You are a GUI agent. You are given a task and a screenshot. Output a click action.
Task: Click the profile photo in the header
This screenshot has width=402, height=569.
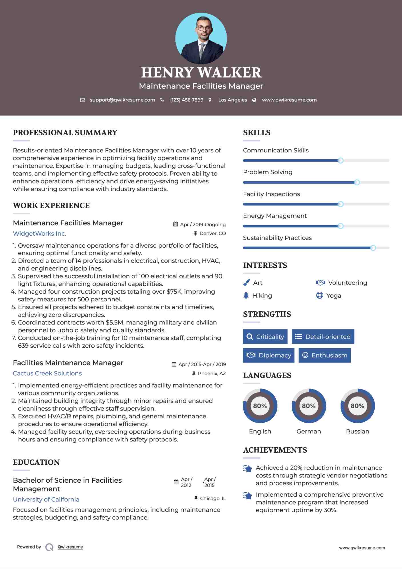point(201,38)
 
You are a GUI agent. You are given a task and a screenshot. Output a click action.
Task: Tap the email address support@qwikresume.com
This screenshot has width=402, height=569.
point(122,100)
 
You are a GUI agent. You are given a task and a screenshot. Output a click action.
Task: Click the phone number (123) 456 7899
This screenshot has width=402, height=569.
point(187,100)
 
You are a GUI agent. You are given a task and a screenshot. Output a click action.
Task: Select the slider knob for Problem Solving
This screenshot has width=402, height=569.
point(357,182)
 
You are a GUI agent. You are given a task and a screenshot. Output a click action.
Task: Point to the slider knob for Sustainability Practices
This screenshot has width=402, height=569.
point(373,248)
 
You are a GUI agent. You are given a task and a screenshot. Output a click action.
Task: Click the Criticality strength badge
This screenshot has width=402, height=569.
point(265,337)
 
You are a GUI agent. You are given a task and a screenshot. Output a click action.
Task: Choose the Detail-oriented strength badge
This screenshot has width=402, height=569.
point(323,337)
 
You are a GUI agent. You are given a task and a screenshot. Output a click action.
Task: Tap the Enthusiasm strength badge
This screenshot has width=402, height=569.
point(325,355)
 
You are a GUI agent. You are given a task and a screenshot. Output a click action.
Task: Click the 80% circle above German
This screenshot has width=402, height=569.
point(309,406)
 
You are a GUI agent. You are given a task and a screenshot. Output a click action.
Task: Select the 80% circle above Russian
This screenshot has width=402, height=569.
point(357,406)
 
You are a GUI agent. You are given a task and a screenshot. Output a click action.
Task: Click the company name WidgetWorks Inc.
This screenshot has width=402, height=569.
point(39,234)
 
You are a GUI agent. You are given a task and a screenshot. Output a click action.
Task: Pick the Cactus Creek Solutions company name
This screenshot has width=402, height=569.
point(47,373)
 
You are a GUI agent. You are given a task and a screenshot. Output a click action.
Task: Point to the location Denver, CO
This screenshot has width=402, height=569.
point(213,233)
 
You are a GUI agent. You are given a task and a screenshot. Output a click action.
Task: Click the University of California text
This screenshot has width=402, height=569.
point(46,500)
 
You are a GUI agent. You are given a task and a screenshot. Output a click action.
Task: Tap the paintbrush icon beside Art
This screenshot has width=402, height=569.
point(246,282)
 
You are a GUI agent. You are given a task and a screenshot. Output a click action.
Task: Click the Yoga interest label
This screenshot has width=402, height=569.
point(334,296)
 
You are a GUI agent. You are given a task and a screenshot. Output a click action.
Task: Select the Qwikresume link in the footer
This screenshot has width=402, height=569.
point(70,547)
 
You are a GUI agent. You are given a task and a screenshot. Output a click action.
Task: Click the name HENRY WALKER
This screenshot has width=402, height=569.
point(201,73)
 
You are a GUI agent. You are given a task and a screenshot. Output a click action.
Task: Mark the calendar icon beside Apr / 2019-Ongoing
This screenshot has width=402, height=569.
point(176,224)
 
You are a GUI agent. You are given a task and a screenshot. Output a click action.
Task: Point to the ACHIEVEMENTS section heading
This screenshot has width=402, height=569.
point(275,450)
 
